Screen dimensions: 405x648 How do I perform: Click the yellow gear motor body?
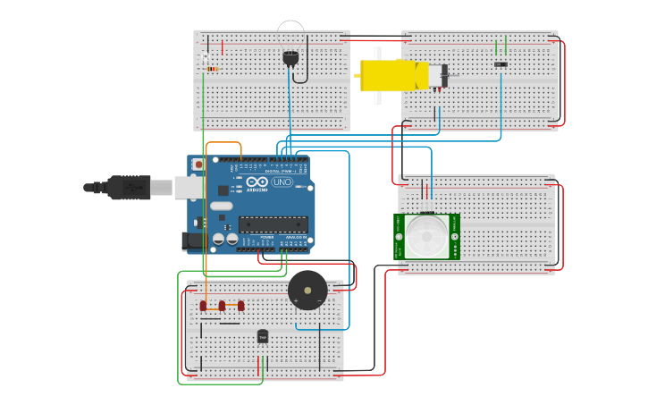(390, 75)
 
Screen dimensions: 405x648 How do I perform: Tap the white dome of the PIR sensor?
(427, 235)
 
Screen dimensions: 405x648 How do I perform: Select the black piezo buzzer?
(307, 291)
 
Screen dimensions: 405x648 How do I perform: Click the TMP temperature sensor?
(263, 336)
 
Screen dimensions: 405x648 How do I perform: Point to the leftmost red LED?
(204, 306)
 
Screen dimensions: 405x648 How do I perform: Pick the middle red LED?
(223, 306)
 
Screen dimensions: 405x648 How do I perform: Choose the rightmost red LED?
(240, 306)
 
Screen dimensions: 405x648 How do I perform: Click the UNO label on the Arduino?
(282, 182)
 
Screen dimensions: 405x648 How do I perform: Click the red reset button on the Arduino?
(198, 165)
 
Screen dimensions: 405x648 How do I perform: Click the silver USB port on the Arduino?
(186, 187)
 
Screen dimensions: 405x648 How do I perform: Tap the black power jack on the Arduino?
(190, 240)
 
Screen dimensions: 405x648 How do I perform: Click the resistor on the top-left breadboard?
(211, 69)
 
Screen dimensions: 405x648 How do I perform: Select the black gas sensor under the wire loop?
(290, 58)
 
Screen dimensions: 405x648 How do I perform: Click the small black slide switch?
(501, 63)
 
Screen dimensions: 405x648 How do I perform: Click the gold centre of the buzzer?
(307, 291)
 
